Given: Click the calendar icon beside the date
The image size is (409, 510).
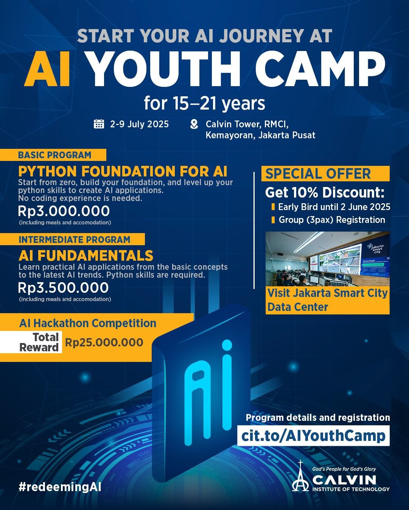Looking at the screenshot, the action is [99, 124].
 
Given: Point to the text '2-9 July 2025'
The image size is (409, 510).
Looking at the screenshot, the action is [139, 124].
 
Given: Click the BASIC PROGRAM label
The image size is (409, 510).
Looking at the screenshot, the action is [54, 155].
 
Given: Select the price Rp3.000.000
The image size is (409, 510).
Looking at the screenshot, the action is [64, 211].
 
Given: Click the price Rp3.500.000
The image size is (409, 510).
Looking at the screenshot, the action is [64, 287].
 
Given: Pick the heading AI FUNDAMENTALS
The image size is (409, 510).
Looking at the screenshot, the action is [86, 255].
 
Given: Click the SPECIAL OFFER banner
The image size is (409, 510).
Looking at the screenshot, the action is [325, 174].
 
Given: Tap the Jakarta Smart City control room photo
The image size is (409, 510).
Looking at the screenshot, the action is [328, 259].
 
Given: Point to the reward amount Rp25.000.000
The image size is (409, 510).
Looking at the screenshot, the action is [104, 342].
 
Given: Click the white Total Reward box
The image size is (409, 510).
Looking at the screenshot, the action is [31, 342].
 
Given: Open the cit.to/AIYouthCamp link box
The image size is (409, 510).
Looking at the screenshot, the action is [313, 436].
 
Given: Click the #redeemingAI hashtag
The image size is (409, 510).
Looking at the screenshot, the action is [60, 487].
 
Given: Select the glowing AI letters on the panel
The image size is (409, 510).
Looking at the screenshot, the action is [208, 392].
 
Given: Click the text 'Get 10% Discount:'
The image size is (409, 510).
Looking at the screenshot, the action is [325, 192].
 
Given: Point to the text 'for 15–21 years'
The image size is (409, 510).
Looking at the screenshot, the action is [204, 103].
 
